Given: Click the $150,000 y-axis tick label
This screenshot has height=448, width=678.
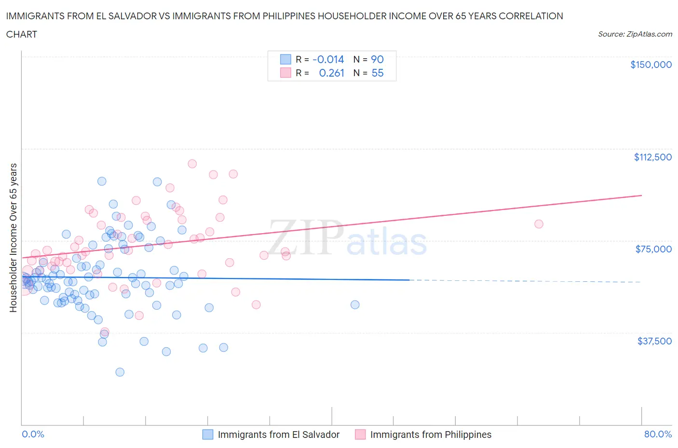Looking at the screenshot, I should tap(651, 65).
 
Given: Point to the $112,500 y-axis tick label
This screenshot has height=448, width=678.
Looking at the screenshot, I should tap(652, 157).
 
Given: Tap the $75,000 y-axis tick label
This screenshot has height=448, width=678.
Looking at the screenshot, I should tap(653, 249).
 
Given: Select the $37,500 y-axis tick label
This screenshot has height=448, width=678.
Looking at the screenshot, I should tap(654, 341).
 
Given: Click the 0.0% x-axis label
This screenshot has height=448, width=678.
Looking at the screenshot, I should tap(33, 434).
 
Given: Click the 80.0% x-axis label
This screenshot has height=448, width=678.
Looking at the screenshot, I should tap(658, 434).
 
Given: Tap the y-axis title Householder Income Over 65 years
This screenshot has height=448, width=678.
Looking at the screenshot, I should tap(13, 237).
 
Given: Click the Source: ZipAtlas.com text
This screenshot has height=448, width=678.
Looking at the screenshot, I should tap(635, 34).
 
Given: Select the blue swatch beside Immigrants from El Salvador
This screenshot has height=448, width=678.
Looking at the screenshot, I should tap(207, 435).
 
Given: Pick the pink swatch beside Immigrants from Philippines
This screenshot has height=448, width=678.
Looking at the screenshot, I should tap(360, 435).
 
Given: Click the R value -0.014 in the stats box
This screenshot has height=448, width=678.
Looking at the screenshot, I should tap(328, 59).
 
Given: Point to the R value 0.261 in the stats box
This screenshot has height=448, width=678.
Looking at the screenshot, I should tap(331, 73).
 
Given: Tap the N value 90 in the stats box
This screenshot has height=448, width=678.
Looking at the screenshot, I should tap(377, 59).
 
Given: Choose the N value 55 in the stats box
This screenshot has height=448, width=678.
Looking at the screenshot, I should tap(377, 73).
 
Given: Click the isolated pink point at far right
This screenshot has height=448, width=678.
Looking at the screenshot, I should tap(539, 224).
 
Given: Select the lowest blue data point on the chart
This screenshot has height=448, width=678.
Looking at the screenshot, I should tap(120, 372).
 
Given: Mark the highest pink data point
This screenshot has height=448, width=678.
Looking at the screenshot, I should tap(192, 164).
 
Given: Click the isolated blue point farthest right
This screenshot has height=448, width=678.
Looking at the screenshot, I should tap(355, 304).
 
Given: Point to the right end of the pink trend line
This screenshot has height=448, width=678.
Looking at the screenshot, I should tap(641, 195).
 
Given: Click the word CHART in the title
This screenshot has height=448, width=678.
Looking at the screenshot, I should tap(22, 34).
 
